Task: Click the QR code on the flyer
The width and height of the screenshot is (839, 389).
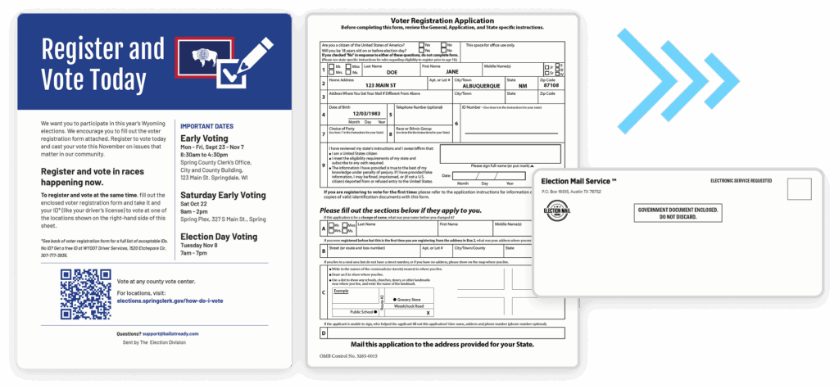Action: pos(85,293)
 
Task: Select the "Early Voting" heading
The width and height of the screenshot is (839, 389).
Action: pos(204,138)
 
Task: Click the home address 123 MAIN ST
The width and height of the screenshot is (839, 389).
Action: pos(380,86)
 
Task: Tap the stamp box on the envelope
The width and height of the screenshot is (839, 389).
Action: pos(799,189)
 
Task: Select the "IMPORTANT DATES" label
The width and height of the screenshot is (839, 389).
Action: pos(209,125)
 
